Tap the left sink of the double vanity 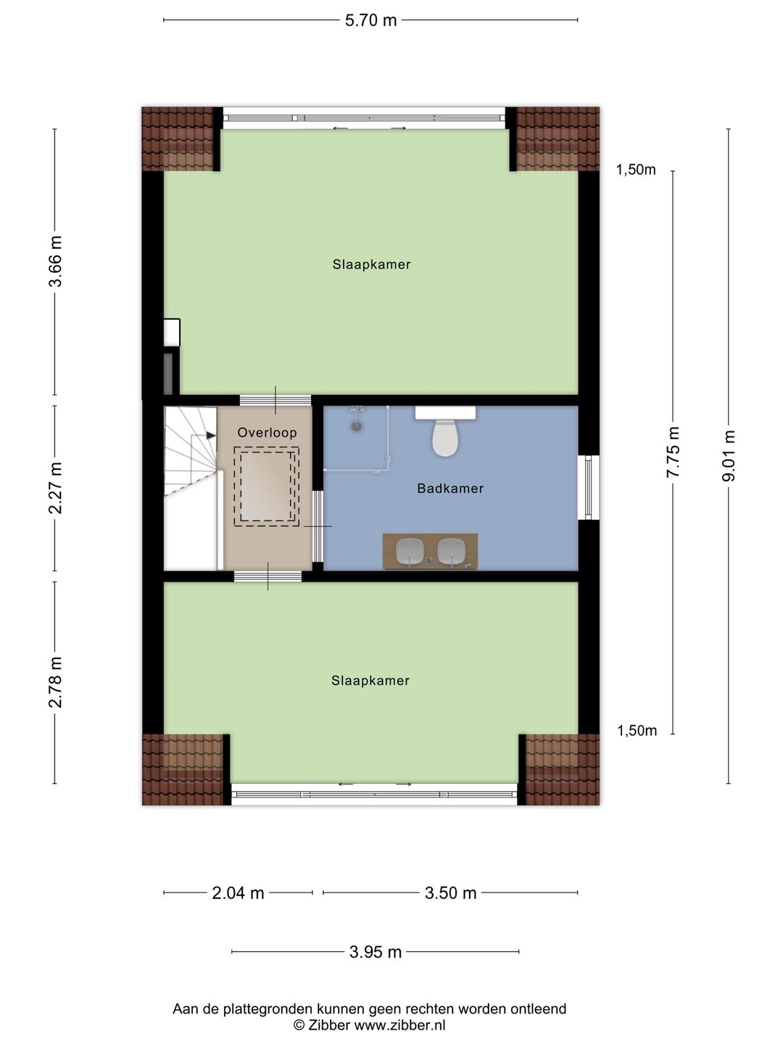410,551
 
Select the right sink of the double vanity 451,551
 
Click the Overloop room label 267,432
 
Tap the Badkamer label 450,488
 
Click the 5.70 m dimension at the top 370,20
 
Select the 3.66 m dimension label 56,261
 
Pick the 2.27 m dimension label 56,487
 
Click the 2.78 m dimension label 56,682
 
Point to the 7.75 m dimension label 674,452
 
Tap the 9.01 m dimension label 729,455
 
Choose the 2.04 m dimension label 238,892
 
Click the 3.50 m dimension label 450,892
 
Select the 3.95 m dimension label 375,952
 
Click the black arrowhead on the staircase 210,435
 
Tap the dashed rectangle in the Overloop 266,486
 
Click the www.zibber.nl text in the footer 399,1022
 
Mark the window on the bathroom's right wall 589,487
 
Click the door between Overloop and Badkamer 317,526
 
